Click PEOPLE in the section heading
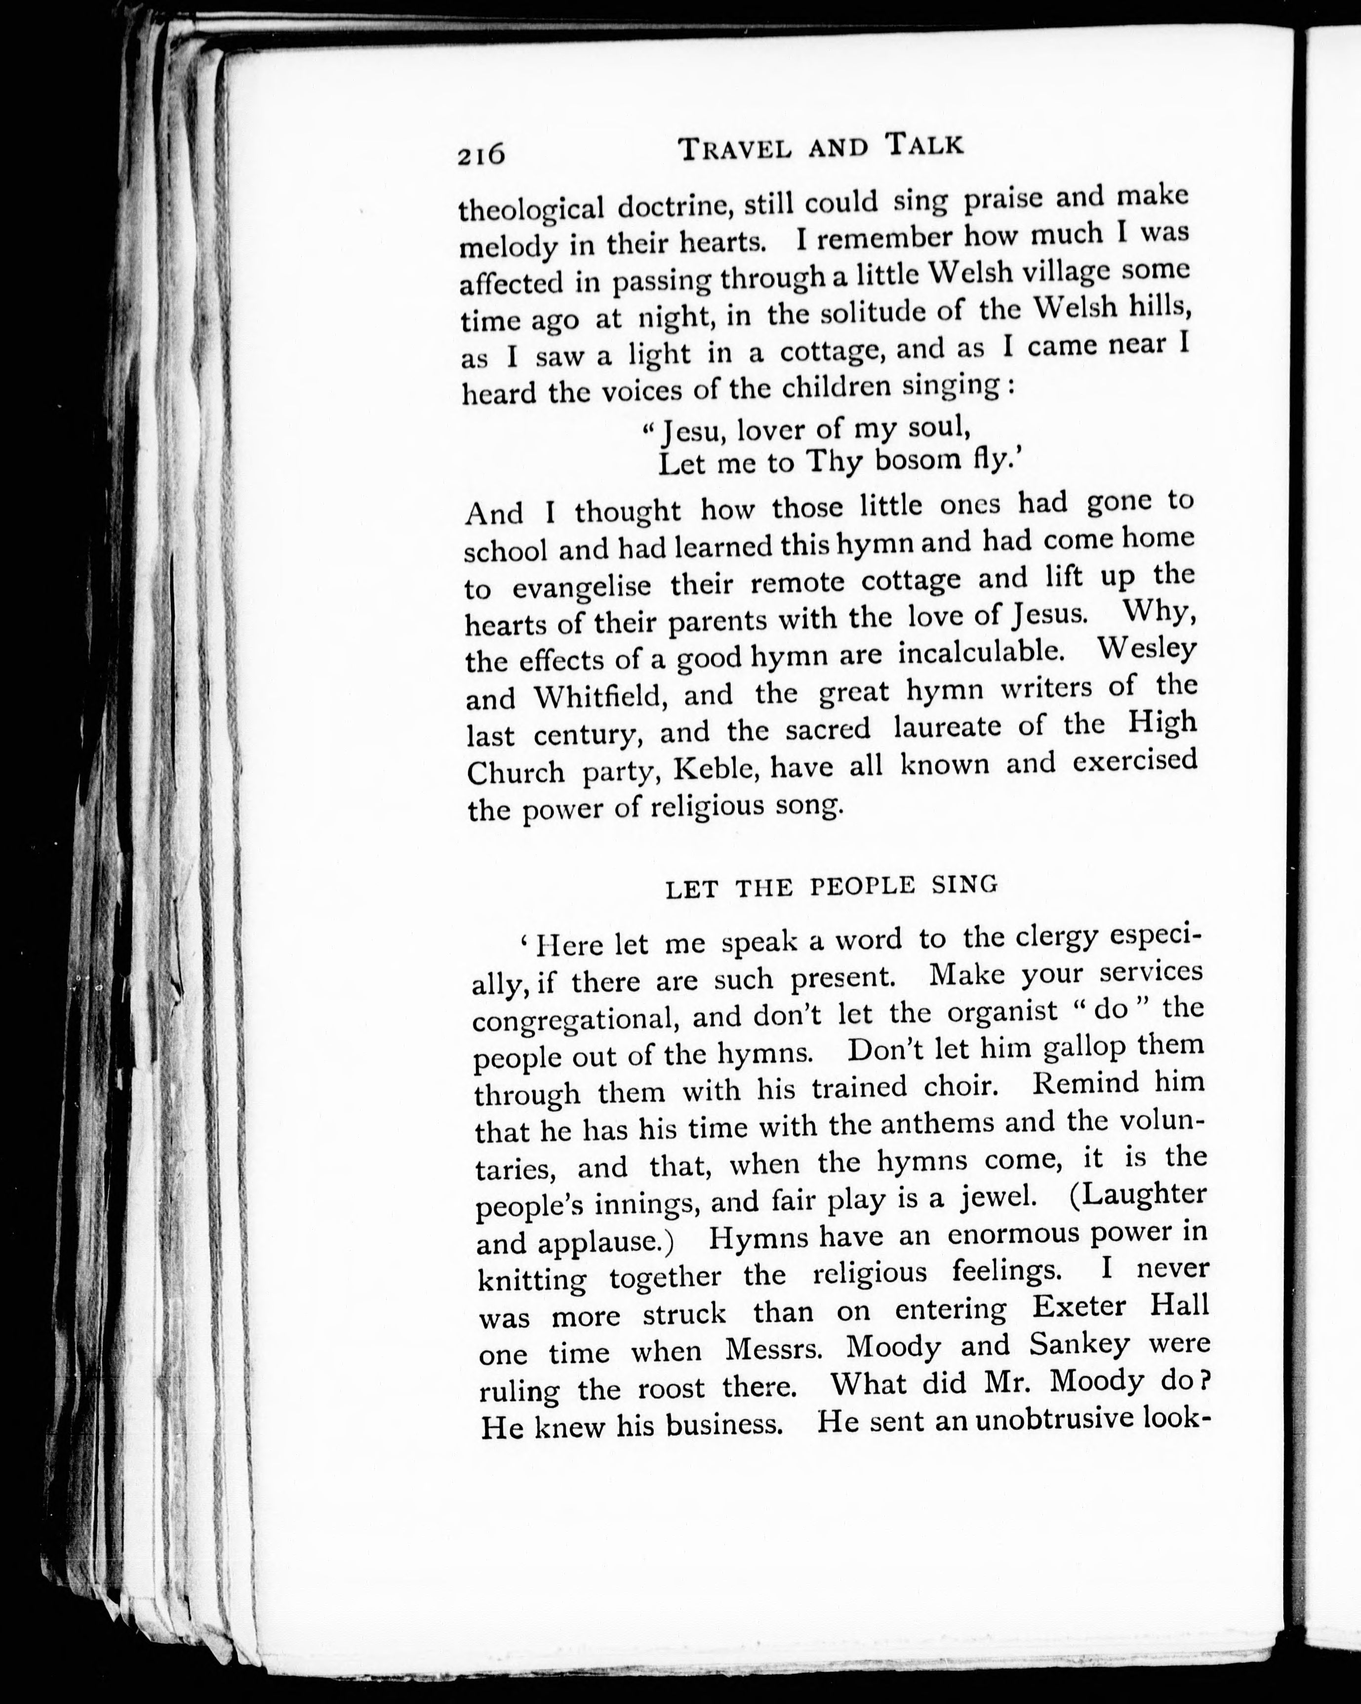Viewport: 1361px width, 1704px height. (863, 886)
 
